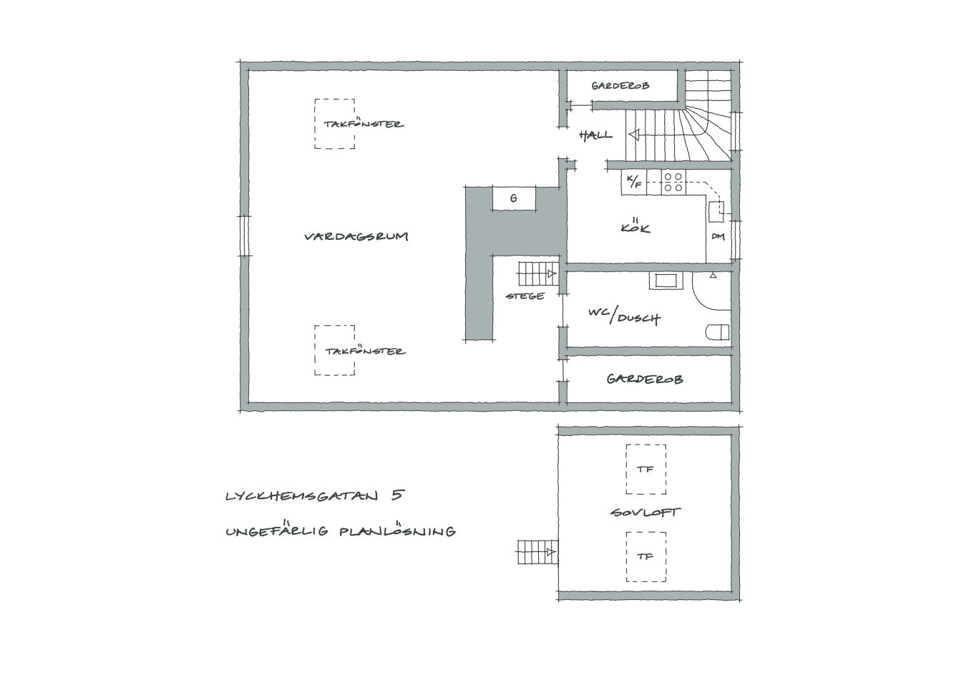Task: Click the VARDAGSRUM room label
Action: click(356, 236)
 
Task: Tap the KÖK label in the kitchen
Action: click(635, 226)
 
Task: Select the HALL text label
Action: click(595, 135)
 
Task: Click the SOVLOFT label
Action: click(645, 512)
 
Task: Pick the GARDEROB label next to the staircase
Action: click(620, 86)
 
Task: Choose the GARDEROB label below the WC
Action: click(645, 379)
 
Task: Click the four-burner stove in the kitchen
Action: click(673, 182)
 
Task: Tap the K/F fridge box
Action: click(634, 182)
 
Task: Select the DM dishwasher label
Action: click(718, 236)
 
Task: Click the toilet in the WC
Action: click(718, 332)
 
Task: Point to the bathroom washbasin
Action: click(666, 281)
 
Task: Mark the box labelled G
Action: click(514, 198)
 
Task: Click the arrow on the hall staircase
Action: click(635, 135)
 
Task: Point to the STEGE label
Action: click(525, 296)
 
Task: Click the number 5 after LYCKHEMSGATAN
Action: click(398, 495)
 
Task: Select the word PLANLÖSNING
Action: click(397, 530)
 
